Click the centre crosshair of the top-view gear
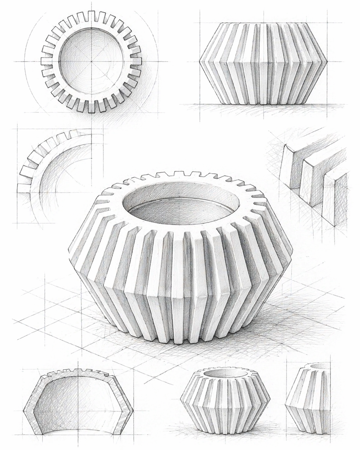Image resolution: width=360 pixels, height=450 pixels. click(91, 61)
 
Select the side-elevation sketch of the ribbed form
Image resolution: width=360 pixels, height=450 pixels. click(263, 63)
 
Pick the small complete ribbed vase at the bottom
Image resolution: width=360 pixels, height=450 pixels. click(225, 400)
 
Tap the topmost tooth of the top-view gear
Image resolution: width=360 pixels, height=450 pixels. click(91, 16)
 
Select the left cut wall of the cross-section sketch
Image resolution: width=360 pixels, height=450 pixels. click(30, 405)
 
